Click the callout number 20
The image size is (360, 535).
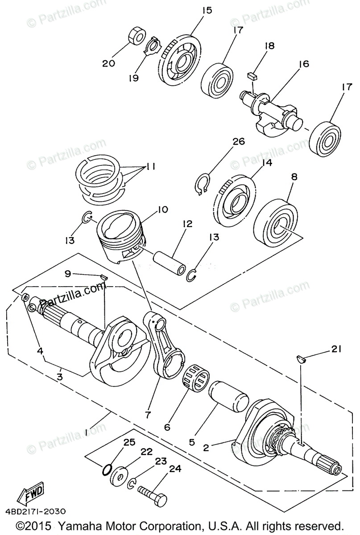108,63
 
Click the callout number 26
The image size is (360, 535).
239,142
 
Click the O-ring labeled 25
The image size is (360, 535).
107,470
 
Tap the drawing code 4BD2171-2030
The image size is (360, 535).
36,511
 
